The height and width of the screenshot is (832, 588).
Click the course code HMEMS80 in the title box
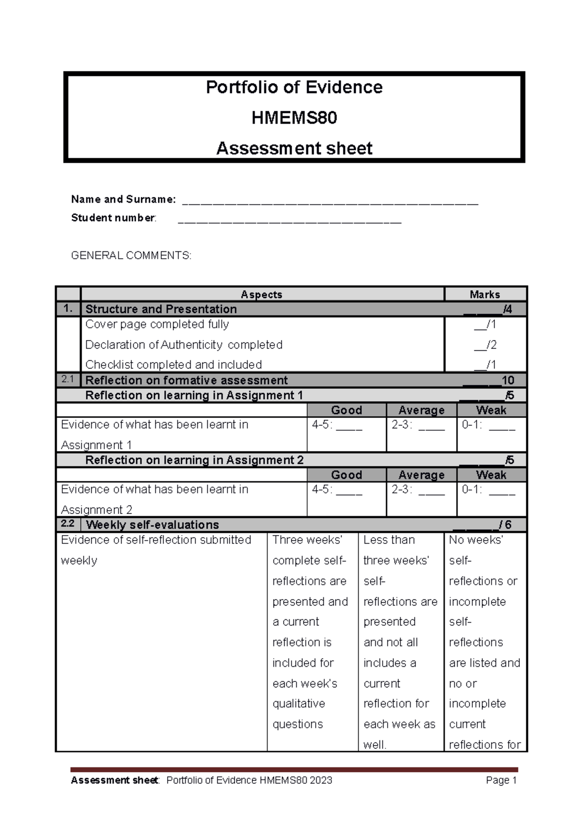click(294, 118)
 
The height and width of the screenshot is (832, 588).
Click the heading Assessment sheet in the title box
click(294, 148)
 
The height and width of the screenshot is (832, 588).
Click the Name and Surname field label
click(123, 199)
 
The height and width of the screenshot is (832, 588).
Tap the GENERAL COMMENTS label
click(131, 255)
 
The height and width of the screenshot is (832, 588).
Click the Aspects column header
click(261, 294)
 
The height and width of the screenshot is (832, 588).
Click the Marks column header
click(485, 294)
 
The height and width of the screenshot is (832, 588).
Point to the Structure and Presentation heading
click(161, 309)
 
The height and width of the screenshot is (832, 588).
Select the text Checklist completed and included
click(173, 365)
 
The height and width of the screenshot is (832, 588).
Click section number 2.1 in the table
click(68, 379)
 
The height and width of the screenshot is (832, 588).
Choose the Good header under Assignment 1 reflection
click(346, 410)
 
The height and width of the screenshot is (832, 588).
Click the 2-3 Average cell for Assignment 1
click(417, 425)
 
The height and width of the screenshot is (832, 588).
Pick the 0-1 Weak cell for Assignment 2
click(488, 490)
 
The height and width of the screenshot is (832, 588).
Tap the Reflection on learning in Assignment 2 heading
click(194, 460)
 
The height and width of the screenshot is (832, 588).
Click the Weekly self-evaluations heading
click(152, 525)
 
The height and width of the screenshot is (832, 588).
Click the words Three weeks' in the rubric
click(307, 540)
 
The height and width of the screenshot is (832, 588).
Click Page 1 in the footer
click(501, 780)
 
